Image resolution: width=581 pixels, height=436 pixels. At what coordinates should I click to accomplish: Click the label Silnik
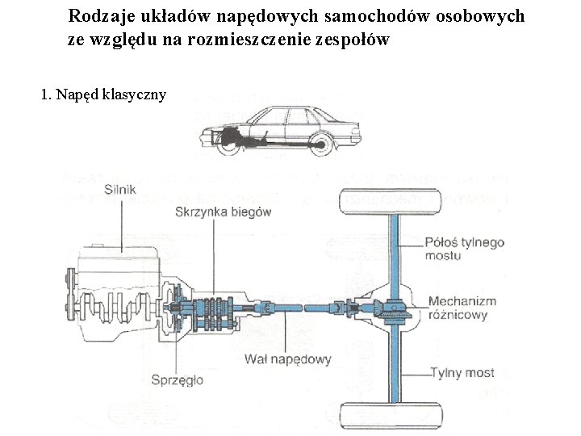[x=120, y=191]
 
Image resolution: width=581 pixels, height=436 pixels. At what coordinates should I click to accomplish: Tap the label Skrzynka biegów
[x=223, y=212]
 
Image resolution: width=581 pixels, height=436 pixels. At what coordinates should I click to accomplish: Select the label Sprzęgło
[x=177, y=379]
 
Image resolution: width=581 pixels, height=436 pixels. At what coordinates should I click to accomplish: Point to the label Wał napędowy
[x=286, y=359]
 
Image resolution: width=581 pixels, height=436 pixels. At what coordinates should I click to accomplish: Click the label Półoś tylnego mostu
[x=464, y=249]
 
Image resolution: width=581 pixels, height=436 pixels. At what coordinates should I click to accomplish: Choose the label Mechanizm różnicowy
[x=462, y=308]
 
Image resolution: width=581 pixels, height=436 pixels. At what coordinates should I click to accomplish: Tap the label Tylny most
[x=462, y=372]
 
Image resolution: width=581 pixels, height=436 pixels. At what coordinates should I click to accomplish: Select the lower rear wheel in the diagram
[x=391, y=417]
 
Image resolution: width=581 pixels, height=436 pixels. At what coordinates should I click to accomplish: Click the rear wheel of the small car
[x=320, y=143]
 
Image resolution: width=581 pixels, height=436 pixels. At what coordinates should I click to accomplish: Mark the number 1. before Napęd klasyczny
[x=46, y=95]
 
